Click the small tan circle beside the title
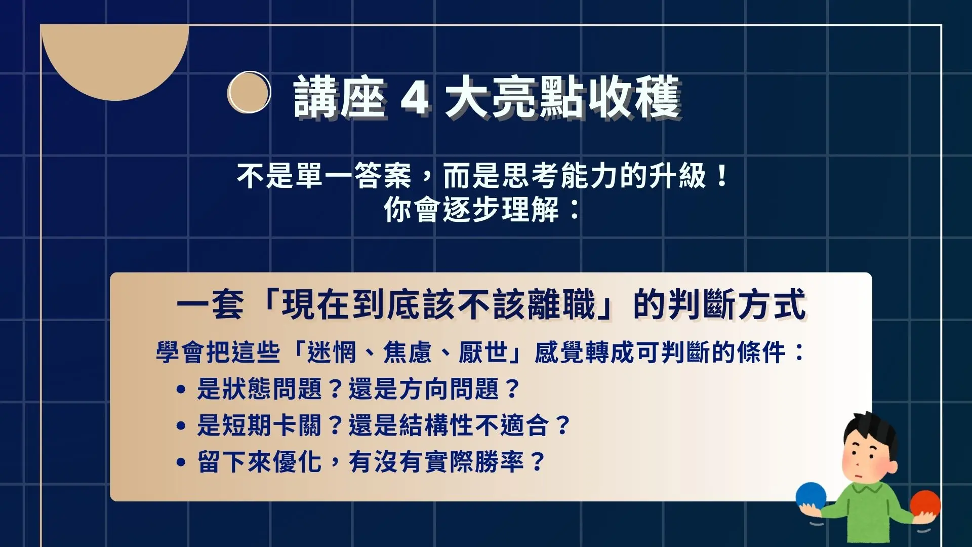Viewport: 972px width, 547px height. tap(249, 92)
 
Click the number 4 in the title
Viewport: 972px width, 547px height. tap(415, 98)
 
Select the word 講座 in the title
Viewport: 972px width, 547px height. tap(339, 97)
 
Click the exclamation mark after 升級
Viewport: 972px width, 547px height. tap(722, 176)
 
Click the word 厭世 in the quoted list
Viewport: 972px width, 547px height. tap(483, 352)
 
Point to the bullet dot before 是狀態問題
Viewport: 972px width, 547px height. tap(181, 390)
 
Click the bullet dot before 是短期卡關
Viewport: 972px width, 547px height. tap(181, 426)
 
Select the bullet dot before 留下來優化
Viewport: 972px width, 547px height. tap(181, 462)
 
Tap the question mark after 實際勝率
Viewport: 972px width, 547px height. tap(537, 462)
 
